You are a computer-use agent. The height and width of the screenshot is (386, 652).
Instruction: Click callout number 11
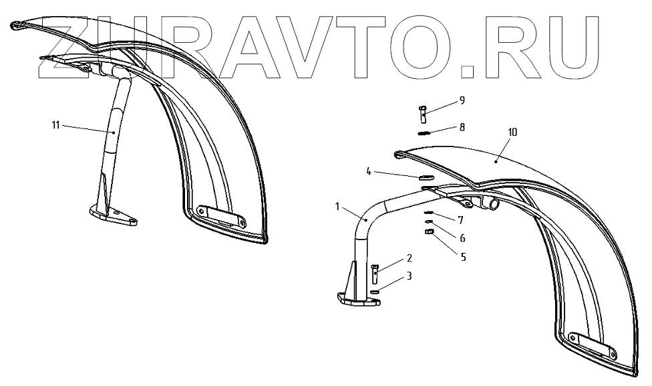[x=55, y=124]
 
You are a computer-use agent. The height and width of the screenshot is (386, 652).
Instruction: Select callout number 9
[x=462, y=100]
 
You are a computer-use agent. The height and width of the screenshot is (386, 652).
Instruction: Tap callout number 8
[x=462, y=126]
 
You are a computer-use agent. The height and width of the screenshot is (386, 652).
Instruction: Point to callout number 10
[x=512, y=132]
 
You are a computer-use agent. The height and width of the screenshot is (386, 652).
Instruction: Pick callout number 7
[x=461, y=220]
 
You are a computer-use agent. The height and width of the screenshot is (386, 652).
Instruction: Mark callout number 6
[x=462, y=237]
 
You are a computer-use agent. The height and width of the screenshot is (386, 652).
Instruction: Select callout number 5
[x=462, y=256]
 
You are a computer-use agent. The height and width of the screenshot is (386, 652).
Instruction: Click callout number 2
[x=408, y=258]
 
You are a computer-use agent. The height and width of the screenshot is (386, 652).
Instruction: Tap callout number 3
[x=408, y=275]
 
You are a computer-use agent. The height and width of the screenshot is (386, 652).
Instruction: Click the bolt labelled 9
[x=424, y=113]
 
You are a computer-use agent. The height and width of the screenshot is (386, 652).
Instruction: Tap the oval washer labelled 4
[x=426, y=178]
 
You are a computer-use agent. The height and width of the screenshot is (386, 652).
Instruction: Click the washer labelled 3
[x=375, y=291]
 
